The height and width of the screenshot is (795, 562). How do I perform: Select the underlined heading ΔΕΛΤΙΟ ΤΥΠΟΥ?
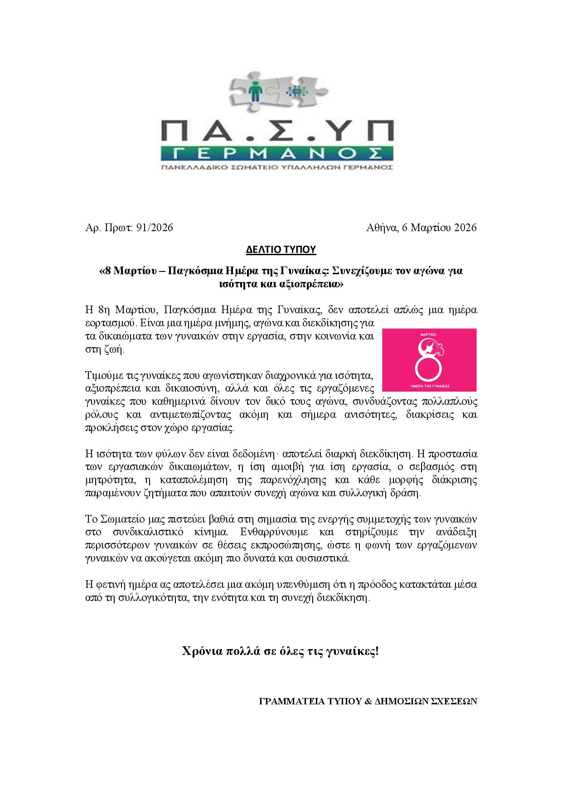(x=281, y=249)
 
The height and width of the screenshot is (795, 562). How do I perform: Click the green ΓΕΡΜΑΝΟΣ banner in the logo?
(x=277, y=153)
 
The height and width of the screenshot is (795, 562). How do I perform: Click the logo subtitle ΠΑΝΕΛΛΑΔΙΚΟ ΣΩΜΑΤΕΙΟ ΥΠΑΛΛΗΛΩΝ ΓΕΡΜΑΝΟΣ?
(x=277, y=167)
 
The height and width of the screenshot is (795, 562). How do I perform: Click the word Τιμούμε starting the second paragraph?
(x=102, y=376)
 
